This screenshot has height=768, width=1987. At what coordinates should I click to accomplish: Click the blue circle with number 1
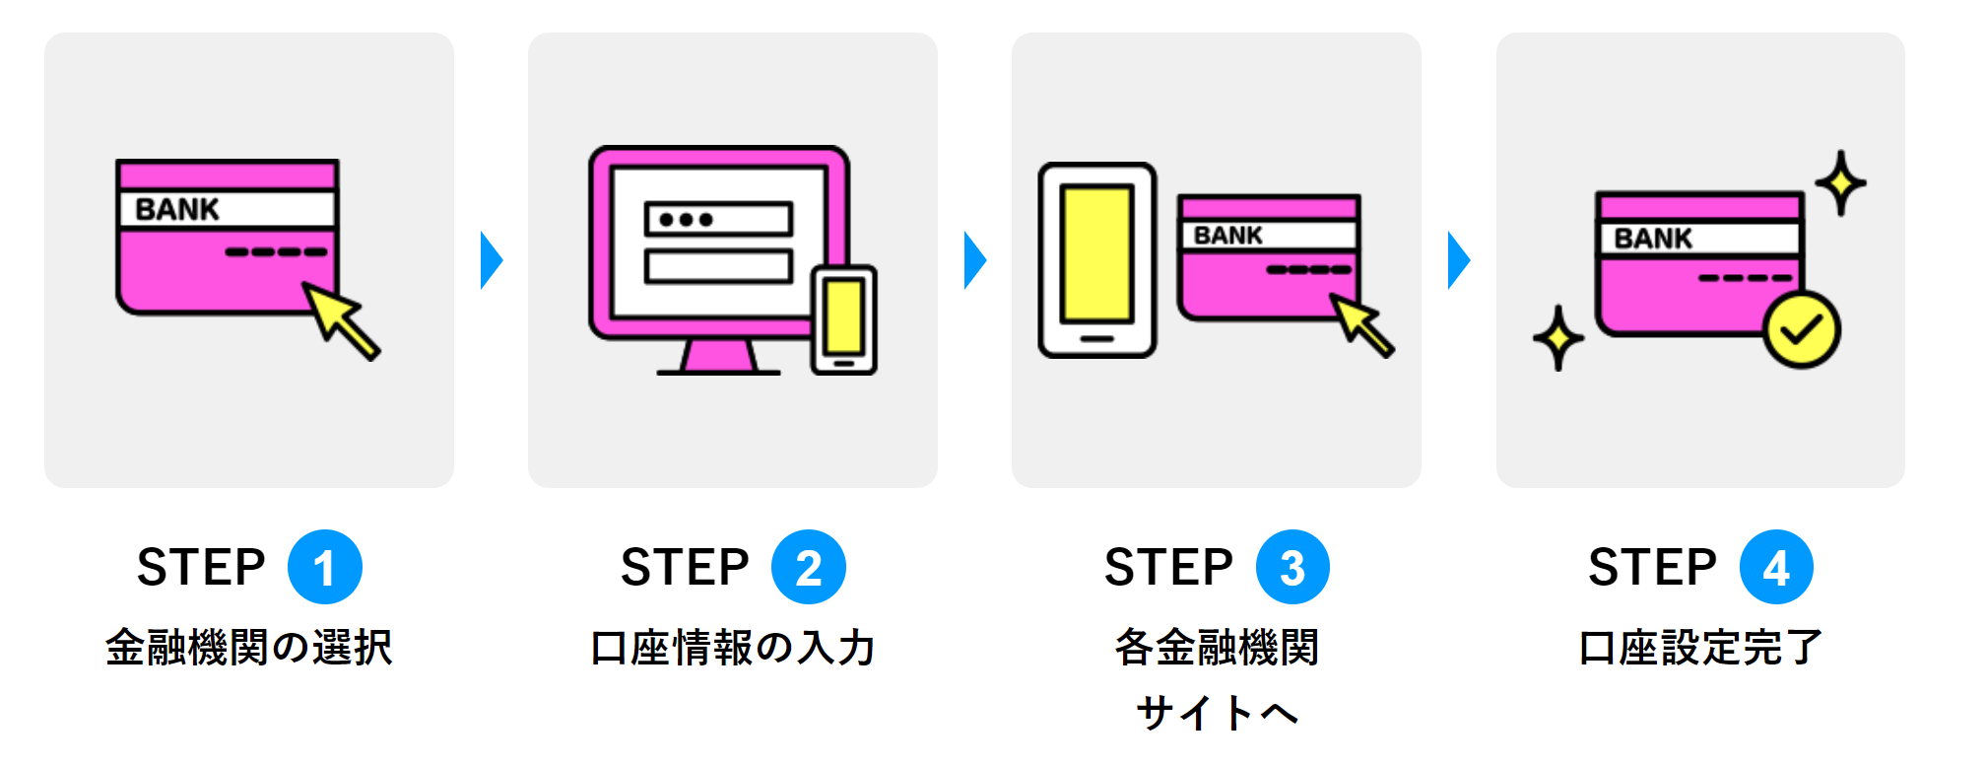[x=324, y=567]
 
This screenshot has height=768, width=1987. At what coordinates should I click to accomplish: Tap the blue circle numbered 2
[x=808, y=567]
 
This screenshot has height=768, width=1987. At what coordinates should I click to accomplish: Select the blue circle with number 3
[x=1292, y=567]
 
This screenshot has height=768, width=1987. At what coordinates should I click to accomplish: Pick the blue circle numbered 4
[x=1775, y=567]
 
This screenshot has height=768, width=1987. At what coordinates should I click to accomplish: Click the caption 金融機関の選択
[x=248, y=648]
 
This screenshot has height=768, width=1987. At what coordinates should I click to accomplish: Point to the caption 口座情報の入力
[x=732, y=648]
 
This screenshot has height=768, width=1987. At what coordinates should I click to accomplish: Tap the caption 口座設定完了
[x=1700, y=648]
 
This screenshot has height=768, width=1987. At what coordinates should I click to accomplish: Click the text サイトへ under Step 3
[x=1217, y=712]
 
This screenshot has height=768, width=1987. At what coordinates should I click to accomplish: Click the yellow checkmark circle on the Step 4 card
[x=1801, y=331]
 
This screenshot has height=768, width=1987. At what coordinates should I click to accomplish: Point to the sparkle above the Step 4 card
[x=1840, y=182]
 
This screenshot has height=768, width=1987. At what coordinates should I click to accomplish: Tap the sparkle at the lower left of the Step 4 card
[x=1557, y=338]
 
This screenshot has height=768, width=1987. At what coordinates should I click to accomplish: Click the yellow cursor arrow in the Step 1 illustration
[x=339, y=318]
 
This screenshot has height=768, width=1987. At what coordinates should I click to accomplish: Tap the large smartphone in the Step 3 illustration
[x=1096, y=260]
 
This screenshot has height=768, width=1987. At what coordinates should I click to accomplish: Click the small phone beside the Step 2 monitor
[x=843, y=319]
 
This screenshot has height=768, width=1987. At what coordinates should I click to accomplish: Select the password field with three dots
[x=718, y=219]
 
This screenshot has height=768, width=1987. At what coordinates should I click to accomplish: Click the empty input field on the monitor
[x=718, y=266]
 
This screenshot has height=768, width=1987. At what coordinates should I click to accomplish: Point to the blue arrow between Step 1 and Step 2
[x=491, y=260]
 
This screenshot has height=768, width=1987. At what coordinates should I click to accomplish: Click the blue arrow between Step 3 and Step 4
[x=1458, y=260]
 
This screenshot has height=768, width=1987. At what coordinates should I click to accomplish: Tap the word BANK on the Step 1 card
[x=177, y=209]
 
